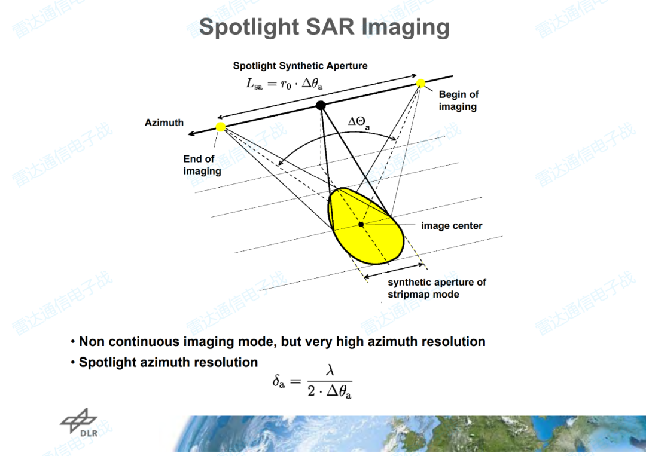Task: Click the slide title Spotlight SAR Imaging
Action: coord(324,27)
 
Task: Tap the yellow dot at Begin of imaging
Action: coord(420,83)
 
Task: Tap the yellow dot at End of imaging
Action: coord(220,127)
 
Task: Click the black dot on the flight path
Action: coord(321,105)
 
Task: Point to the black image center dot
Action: coord(361,224)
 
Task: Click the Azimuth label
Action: coord(164,123)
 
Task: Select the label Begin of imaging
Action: coord(458,100)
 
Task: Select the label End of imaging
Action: coord(202,165)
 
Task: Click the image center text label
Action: coord(451,226)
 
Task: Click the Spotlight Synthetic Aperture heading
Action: coord(300,66)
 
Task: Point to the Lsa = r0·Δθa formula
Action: coord(284,84)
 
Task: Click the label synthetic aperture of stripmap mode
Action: coord(437,288)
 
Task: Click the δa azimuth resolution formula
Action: coord(312,381)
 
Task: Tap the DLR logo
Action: coord(78,422)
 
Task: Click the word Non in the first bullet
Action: coord(92,342)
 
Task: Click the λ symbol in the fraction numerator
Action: coord(330,371)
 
